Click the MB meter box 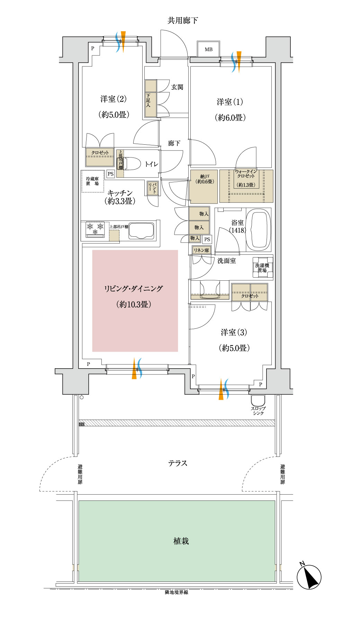pyautogui.click(x=208, y=49)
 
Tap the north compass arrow pyautogui.click(x=309, y=577)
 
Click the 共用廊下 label pyautogui.click(x=183, y=21)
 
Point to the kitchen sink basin pyautogui.click(x=141, y=231)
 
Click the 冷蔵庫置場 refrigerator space pyautogui.click(x=92, y=181)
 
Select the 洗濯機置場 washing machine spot pyautogui.click(x=262, y=268)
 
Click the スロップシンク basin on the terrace pyautogui.click(x=258, y=401)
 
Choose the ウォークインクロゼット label pyautogui.click(x=246, y=174)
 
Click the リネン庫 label pyautogui.click(x=201, y=250)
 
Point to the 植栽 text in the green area pyautogui.click(x=181, y=541)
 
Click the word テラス pyautogui.click(x=178, y=463)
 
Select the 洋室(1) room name pyautogui.click(x=230, y=102)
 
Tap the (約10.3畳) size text pyautogui.click(x=134, y=305)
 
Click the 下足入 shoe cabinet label pyautogui.click(x=148, y=100)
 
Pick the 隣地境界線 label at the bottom pyautogui.click(x=177, y=592)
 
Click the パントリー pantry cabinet pyautogui.click(x=152, y=188)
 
